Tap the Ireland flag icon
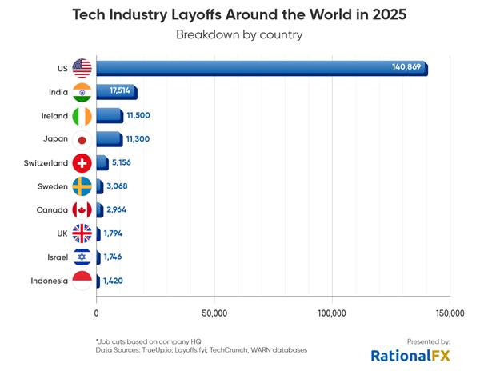[x=82, y=115]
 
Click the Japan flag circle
[x=82, y=139]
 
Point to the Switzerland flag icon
[x=82, y=163]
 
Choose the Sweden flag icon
[x=82, y=186]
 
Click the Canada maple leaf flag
[x=82, y=210]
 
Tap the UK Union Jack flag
[x=82, y=233]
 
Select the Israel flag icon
[x=82, y=257]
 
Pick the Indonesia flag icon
[x=82, y=281]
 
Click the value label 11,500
[x=138, y=115]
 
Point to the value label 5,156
[x=123, y=163]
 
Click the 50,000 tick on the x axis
[x=214, y=313]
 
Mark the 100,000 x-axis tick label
[x=332, y=313]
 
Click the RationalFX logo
[x=410, y=355]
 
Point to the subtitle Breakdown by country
[x=239, y=35]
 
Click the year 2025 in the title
[x=385, y=14]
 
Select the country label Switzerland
[x=46, y=163]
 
